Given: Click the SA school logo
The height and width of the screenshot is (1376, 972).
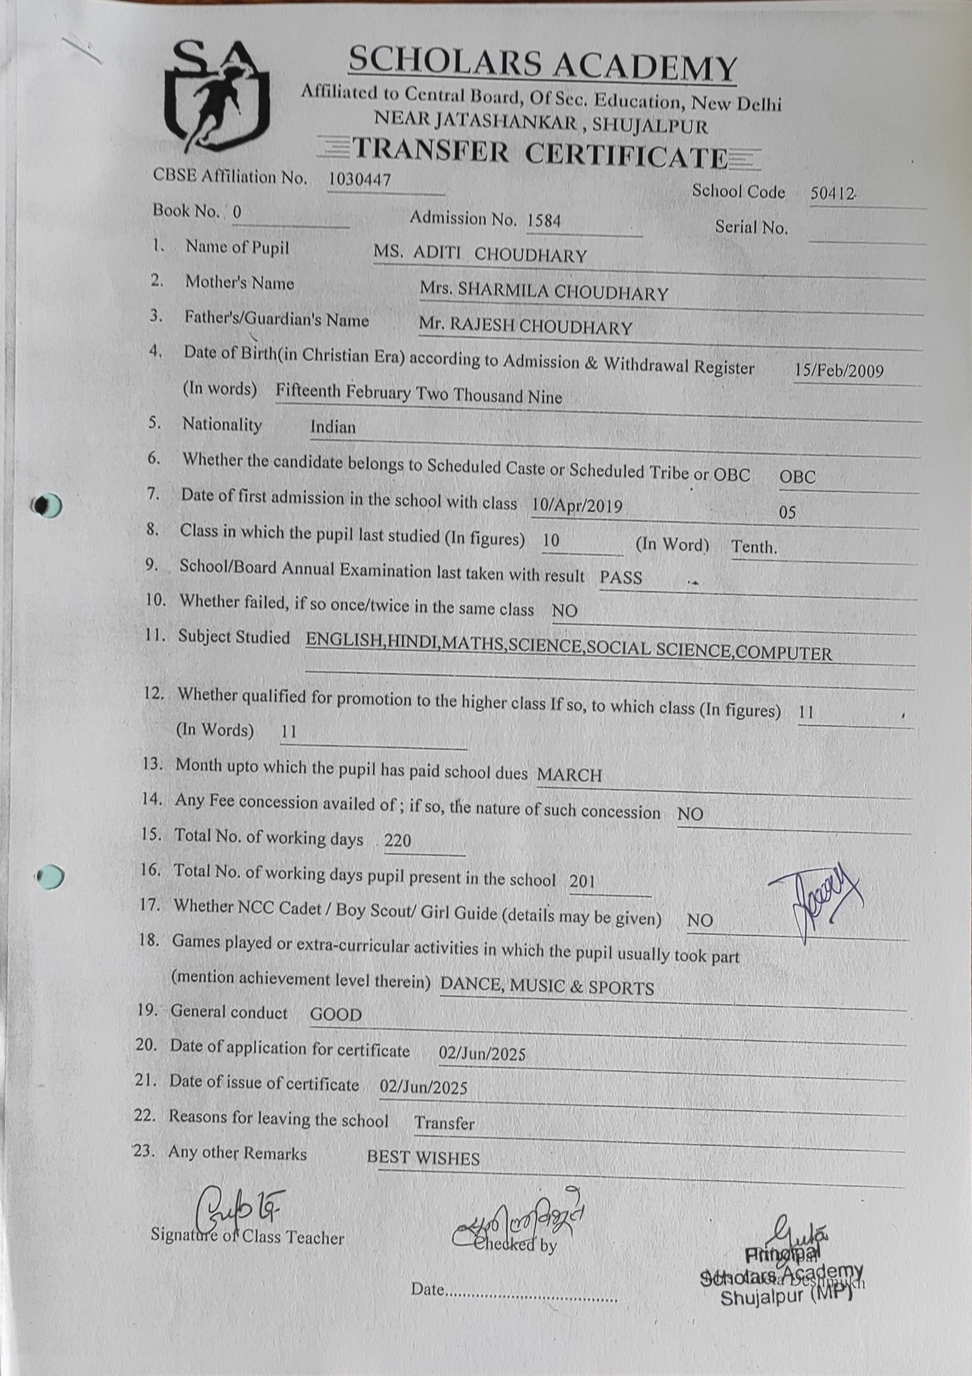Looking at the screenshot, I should (x=217, y=95).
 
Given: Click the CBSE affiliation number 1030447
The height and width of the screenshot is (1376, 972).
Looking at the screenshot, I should (x=359, y=179).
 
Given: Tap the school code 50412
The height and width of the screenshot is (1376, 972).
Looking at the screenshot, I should (x=832, y=193).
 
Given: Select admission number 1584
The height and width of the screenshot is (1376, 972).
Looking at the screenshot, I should (x=544, y=221).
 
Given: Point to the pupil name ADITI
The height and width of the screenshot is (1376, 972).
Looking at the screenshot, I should (x=436, y=252).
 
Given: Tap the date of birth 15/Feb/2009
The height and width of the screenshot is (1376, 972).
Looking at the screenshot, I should (x=839, y=371).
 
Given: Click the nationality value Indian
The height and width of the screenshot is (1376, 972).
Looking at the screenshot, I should (x=332, y=427).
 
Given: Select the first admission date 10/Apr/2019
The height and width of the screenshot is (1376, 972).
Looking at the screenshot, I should (x=576, y=505).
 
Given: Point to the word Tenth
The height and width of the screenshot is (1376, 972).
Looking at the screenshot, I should (x=754, y=547).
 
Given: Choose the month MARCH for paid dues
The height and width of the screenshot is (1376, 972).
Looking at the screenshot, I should (x=569, y=775).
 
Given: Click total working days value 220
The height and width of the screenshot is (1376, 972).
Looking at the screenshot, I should (x=398, y=840).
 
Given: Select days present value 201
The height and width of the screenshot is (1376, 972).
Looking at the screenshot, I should (x=582, y=880).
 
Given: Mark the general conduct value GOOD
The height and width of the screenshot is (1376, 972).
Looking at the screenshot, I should (x=336, y=1014).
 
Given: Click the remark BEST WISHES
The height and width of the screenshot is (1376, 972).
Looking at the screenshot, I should (x=423, y=1158).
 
